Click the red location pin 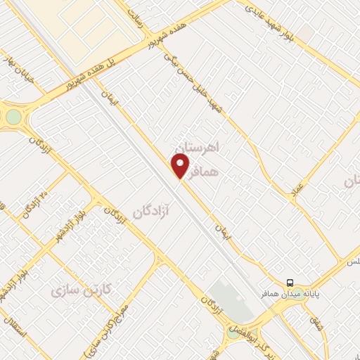click(181, 165)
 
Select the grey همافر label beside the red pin click(216, 171)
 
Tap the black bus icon click(290, 282)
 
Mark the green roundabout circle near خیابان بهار click(12, 116)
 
